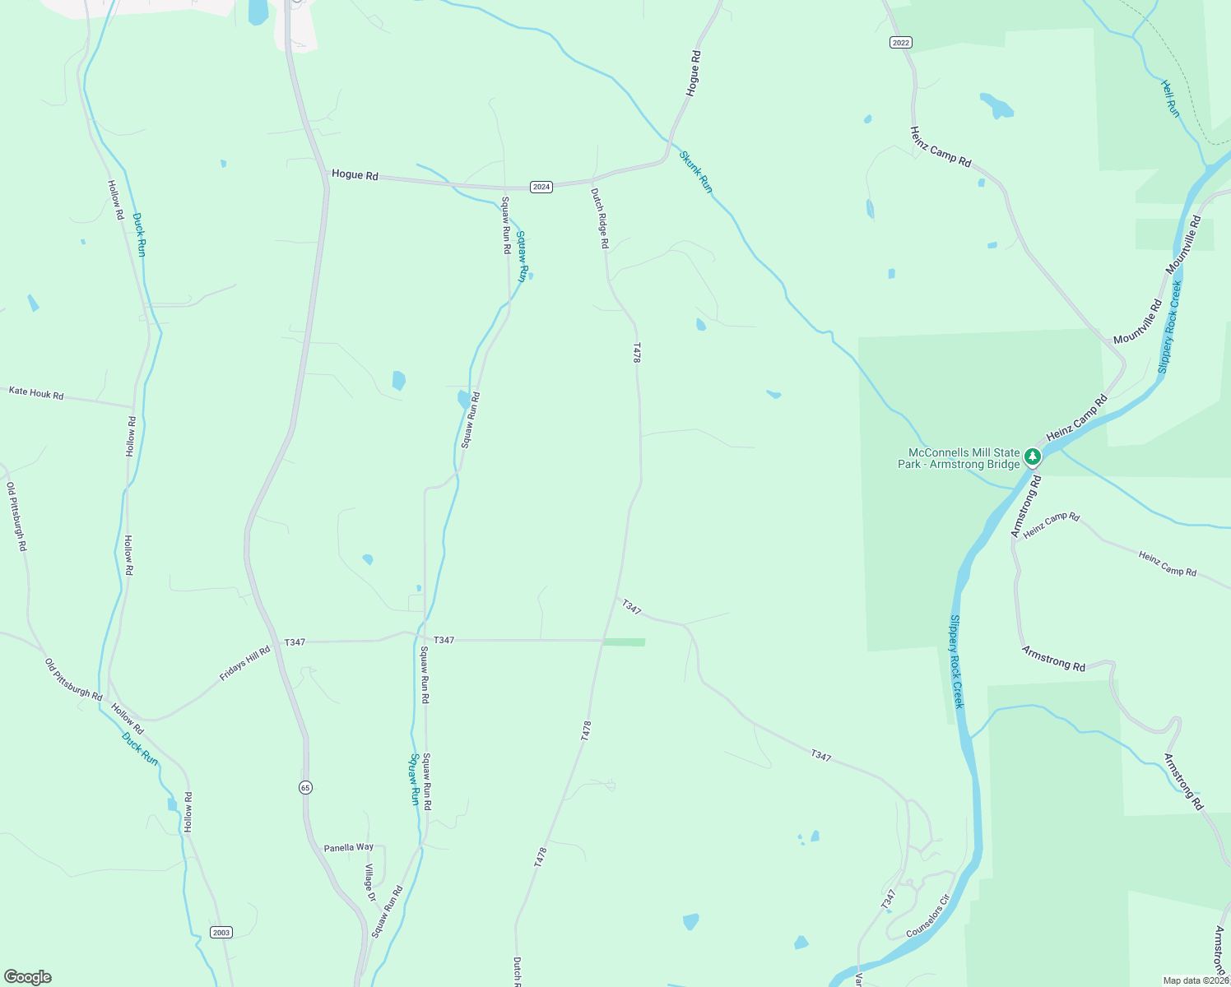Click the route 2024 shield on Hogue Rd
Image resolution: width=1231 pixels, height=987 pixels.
coord(541,187)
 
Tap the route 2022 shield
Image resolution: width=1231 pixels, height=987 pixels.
coord(900,42)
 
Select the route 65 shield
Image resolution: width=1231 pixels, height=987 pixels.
coord(305,787)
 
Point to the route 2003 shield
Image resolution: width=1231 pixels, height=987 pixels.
coord(221,932)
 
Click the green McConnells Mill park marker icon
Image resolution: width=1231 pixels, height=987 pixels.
coord(1033,456)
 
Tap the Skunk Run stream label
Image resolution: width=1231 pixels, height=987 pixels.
coord(696,171)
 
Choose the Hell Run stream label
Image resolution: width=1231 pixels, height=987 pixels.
coord(1170,98)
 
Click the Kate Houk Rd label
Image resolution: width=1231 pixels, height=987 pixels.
coord(36,393)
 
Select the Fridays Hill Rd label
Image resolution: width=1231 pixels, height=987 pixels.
coord(244,664)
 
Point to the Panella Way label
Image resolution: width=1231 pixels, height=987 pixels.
coord(348,847)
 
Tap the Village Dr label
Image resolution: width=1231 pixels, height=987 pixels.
coord(369,883)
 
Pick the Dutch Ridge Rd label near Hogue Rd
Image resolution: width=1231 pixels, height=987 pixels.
coord(599,218)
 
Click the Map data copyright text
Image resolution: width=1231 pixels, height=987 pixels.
coord(1196,980)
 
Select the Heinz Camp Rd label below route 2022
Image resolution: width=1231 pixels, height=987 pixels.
coord(941,146)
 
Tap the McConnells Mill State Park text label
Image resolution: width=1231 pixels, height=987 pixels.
coord(959,458)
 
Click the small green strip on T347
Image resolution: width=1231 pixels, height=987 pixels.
coord(624,642)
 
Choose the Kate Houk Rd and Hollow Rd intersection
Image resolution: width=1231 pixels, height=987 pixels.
coord(133,406)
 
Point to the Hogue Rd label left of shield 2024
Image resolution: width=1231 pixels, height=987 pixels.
coord(355,174)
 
